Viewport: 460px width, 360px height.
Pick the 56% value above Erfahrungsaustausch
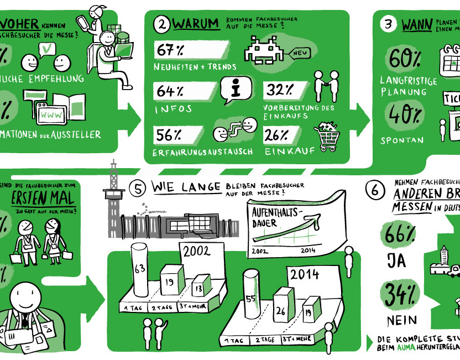(x=169, y=133)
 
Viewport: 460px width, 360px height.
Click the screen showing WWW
(x=53, y=114)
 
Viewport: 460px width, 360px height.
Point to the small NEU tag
(x=300, y=53)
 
